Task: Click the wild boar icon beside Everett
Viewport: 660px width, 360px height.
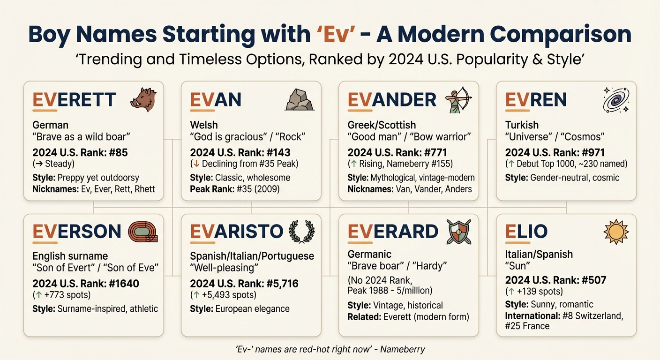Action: [x=144, y=99]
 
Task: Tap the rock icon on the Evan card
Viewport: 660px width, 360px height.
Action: [x=300, y=99]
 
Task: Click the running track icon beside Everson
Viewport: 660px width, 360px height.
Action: [x=144, y=232]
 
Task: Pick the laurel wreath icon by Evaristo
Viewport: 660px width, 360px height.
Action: [x=300, y=232]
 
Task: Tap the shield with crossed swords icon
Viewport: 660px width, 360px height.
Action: [x=458, y=232]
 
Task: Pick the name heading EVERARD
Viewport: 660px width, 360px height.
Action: [x=393, y=232]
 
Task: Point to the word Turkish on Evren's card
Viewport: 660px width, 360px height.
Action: [x=522, y=125]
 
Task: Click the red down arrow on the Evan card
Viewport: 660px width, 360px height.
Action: [x=197, y=164]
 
